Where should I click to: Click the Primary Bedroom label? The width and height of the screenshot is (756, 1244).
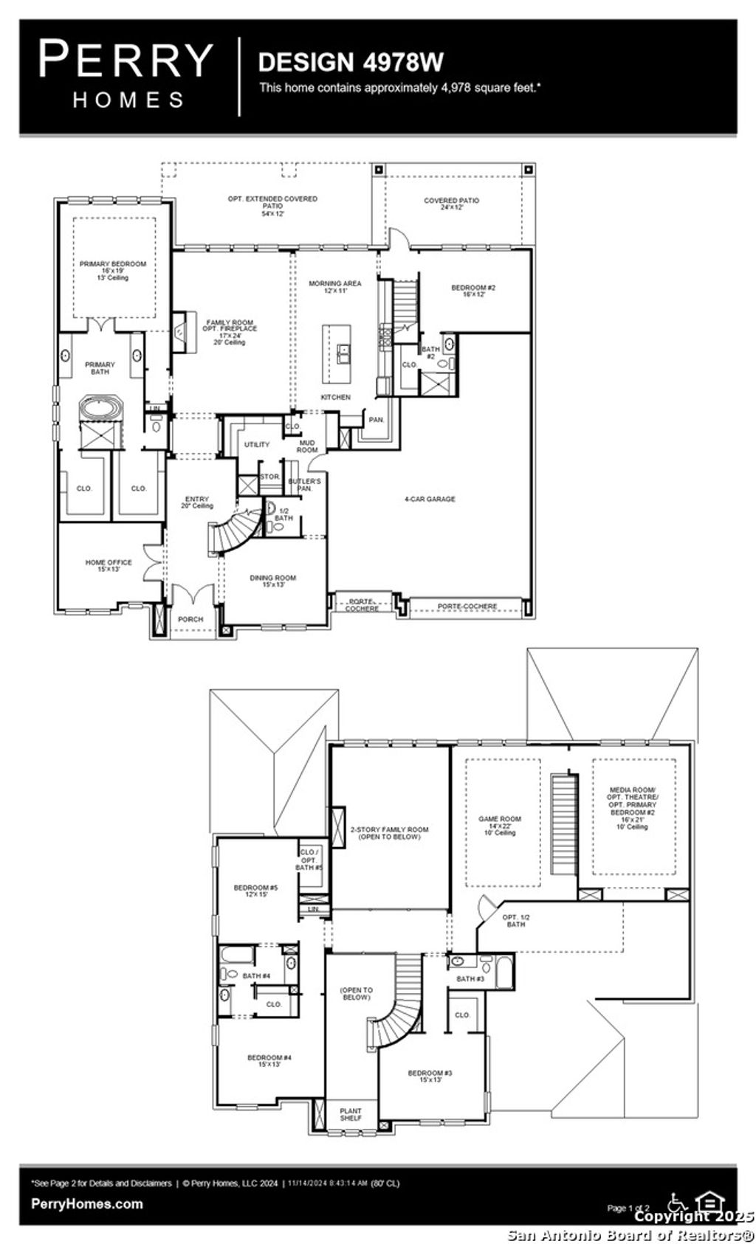[x=113, y=270]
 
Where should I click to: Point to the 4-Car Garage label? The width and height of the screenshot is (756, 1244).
[x=430, y=499]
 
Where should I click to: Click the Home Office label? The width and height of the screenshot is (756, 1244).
[x=109, y=565]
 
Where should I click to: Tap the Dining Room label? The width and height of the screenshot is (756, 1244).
[x=272, y=580]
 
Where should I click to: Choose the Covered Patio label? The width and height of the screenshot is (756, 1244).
[x=451, y=204]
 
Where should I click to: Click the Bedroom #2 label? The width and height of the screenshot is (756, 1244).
[x=472, y=291]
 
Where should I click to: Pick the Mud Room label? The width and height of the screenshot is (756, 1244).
[x=307, y=446]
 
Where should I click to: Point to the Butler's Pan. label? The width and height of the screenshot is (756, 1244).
[x=304, y=484]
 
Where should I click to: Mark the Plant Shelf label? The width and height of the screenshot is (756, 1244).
[x=351, y=1114]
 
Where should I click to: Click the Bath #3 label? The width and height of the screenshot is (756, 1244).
[x=470, y=978]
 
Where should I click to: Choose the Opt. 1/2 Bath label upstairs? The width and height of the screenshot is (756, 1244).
[x=516, y=921]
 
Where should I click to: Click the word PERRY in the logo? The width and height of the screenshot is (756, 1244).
[x=126, y=61]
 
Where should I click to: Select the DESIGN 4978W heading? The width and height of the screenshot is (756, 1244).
[x=351, y=62]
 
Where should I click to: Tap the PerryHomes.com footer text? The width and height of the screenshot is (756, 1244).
[x=87, y=1203]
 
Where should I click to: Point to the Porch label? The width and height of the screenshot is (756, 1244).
[x=190, y=619]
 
